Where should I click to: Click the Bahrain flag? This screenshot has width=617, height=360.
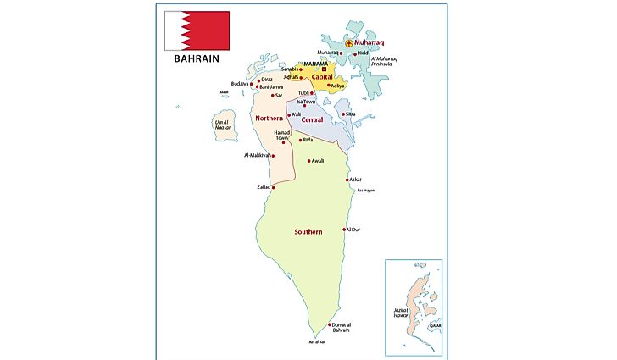pyautogui.click(x=197, y=30)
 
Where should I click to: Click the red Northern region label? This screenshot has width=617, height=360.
pyautogui.click(x=269, y=118)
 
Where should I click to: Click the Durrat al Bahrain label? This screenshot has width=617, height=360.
pyautogui.click(x=347, y=328)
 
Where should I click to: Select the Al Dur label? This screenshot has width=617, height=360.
pyautogui.click(x=353, y=230)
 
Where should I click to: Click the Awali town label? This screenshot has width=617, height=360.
pyautogui.click(x=317, y=160)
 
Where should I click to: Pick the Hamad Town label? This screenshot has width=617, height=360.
pyautogui.click(x=282, y=136)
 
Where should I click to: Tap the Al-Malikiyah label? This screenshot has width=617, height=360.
pyautogui.click(x=257, y=156)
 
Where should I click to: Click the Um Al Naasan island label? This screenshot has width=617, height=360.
pyautogui.click(x=222, y=125)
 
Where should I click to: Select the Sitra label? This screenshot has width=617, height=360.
pyautogui.click(x=351, y=114)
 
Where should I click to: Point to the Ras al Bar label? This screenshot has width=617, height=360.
pyautogui.click(x=317, y=343)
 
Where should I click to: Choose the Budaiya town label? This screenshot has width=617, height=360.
pyautogui.click(x=240, y=84)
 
